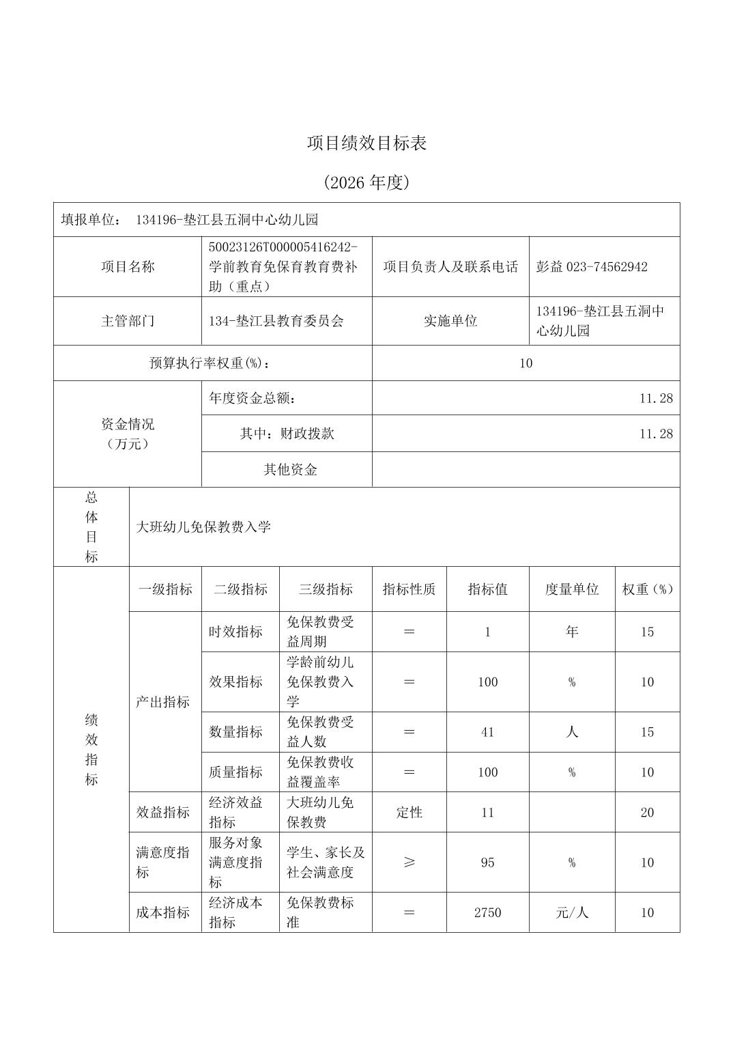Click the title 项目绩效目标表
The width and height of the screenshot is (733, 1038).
(x=366, y=143)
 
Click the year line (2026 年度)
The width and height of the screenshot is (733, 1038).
(x=366, y=182)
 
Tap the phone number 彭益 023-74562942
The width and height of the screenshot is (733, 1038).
(x=591, y=267)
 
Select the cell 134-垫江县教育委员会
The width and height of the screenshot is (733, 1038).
(x=276, y=321)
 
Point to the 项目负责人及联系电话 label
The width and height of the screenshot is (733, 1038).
(x=450, y=267)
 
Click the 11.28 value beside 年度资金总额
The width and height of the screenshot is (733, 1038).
(x=655, y=398)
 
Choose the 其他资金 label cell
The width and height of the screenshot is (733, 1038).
(x=290, y=470)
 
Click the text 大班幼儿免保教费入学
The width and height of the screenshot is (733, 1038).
(x=204, y=527)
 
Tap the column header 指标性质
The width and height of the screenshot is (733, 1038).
(x=409, y=589)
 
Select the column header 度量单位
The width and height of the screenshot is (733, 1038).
(x=571, y=589)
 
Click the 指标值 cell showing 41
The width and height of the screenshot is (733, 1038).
(x=487, y=732)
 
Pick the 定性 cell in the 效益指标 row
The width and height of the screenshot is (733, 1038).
(x=409, y=813)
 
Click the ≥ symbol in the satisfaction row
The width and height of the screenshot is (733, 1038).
(x=409, y=862)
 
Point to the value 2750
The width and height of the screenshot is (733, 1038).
(x=487, y=913)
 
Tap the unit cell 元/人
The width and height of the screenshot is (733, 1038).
(x=571, y=913)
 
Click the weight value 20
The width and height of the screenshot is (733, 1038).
(x=646, y=813)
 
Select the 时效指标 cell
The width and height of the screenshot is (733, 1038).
(x=235, y=632)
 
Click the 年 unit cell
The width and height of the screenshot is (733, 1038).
(x=571, y=632)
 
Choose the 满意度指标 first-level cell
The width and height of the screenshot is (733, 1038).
(x=162, y=862)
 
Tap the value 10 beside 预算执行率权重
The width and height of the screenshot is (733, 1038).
(x=525, y=363)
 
